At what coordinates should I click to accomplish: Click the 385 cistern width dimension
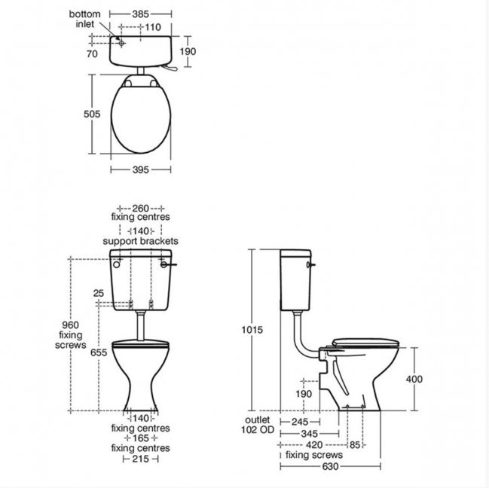click(x=141, y=14)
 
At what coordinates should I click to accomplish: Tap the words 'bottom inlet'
click(x=85, y=19)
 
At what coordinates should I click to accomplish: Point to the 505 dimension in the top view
click(x=92, y=114)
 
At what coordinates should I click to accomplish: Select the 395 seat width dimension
click(x=141, y=170)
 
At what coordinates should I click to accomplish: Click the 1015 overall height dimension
click(x=252, y=329)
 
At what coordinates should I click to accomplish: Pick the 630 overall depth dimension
click(x=330, y=466)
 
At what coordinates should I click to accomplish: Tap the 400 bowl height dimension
click(x=414, y=379)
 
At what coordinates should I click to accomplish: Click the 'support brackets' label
click(x=140, y=241)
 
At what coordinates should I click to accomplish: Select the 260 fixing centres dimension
click(x=141, y=208)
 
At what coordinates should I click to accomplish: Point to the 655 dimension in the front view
click(x=99, y=352)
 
